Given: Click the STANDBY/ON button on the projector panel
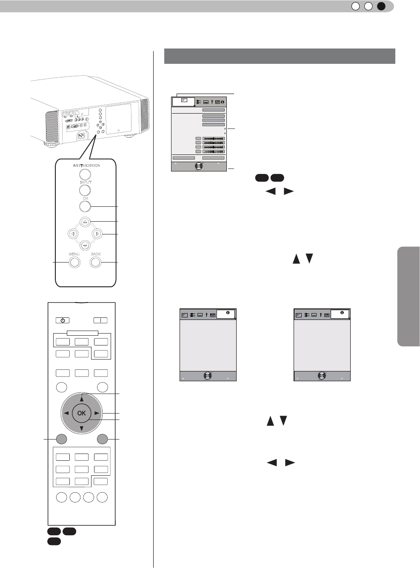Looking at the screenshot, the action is tap(85, 174).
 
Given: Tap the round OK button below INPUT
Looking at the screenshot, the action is tap(85, 207).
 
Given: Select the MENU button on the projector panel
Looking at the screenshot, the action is tap(74, 262).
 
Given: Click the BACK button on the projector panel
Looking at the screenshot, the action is tap(96, 262).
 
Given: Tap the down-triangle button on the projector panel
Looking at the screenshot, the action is tap(85, 245).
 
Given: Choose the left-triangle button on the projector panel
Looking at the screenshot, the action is tap(73, 234).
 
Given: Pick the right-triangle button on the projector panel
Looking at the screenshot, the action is tap(97, 234).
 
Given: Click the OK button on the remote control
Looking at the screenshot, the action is tap(81, 413).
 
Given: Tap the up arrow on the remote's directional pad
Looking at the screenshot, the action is tap(81, 399).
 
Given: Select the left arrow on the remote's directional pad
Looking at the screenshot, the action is tap(66, 413).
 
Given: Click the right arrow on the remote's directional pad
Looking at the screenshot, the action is tap(97, 413).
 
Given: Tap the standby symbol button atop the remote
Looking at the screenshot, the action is tap(62, 320).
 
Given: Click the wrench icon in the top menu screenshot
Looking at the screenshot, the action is tap(212, 102).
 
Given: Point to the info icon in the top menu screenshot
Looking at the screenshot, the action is tap(223, 102).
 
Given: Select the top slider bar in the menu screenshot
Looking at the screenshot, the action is tap(213, 139).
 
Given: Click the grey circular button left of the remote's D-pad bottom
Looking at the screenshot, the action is tap(61, 439).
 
